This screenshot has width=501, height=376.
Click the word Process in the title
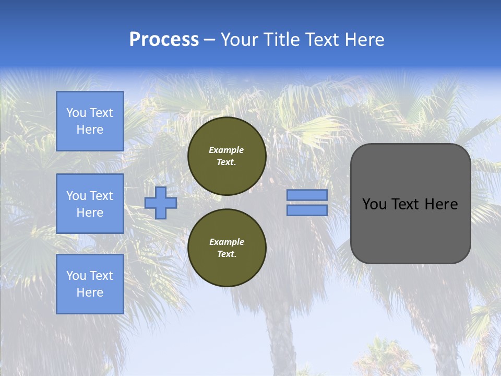pos(164,40)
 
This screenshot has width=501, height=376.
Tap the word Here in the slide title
pos(364,40)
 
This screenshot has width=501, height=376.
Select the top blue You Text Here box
pos(90,121)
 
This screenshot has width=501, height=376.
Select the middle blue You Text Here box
pos(90,204)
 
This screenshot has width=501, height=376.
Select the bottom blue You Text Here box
pos(90,284)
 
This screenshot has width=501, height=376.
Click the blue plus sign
pos(161,203)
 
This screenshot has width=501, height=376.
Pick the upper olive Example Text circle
pos(226,156)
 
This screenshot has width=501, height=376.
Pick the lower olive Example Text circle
pos(226,248)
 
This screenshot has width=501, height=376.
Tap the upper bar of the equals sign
pos(307,195)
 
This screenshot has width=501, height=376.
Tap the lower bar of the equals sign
pos(307,210)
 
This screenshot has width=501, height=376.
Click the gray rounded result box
pos(410,204)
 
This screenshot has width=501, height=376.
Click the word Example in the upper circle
pos(226,150)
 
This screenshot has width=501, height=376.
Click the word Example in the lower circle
pos(226,242)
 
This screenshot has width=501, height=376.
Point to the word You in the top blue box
pos(76,113)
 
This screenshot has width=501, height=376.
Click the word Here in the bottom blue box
pos(90,292)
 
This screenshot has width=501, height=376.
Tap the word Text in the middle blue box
pos(101,196)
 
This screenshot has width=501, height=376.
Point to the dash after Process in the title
pos(209,40)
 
